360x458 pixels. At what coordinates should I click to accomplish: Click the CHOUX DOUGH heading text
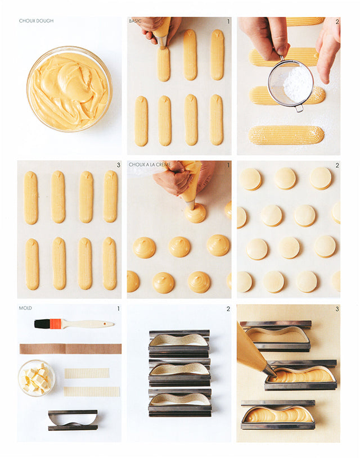tap(36, 21)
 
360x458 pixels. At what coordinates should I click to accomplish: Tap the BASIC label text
tap(135, 21)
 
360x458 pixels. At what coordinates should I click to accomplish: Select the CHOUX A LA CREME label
tap(150, 165)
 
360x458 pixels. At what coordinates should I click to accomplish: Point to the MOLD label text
tap(25, 308)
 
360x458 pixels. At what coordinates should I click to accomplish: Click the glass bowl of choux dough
tap(69, 89)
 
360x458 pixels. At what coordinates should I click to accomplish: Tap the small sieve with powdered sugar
tap(291, 83)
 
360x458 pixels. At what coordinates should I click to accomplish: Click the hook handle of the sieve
tap(299, 108)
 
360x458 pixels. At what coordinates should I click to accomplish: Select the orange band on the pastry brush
tap(55, 324)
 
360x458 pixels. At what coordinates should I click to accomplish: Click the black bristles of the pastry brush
tap(42, 324)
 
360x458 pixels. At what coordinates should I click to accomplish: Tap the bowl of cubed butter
tap(37, 378)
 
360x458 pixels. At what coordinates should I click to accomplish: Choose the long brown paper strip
tap(70, 349)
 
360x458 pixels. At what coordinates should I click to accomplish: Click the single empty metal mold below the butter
tap(73, 420)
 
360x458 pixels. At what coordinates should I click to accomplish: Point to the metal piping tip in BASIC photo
tap(161, 42)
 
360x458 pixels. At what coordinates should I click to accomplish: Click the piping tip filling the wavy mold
tap(270, 370)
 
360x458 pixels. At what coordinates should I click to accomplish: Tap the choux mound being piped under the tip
tap(195, 213)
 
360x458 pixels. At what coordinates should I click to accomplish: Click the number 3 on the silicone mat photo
tap(337, 309)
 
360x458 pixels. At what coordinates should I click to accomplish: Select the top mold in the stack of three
tap(179, 343)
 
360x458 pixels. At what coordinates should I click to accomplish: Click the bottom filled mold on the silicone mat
tap(278, 415)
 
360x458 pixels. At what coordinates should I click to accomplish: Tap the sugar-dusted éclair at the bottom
tap(286, 135)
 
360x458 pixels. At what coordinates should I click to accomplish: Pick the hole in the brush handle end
tap(105, 324)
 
